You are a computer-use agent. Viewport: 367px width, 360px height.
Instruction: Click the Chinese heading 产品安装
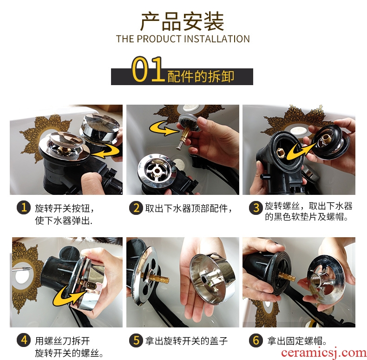[x=183, y=21]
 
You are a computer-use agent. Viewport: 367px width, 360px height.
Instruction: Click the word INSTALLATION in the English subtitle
[x=217, y=39]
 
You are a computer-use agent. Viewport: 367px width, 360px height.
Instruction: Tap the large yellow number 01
[x=147, y=69]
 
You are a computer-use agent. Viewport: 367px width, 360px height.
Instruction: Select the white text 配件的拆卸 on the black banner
[x=201, y=77]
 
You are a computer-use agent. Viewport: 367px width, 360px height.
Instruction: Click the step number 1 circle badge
[x=24, y=207]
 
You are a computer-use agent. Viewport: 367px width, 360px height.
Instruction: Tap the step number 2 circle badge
[x=136, y=208]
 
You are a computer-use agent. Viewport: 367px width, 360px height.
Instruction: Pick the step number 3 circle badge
[x=256, y=207]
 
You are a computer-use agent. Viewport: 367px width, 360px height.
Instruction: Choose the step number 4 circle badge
[x=24, y=340]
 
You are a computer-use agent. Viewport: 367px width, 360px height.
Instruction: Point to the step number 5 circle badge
[x=136, y=340]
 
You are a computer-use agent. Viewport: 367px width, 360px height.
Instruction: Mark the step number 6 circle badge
[x=256, y=340]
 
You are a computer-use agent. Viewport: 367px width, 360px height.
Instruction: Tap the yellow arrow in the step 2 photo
[x=163, y=128]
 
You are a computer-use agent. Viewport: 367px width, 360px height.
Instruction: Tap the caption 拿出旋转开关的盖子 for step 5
[x=186, y=341]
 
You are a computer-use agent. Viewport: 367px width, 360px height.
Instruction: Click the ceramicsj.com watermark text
[x=323, y=352]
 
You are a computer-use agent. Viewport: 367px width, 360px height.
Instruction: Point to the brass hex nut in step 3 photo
[x=281, y=153]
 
